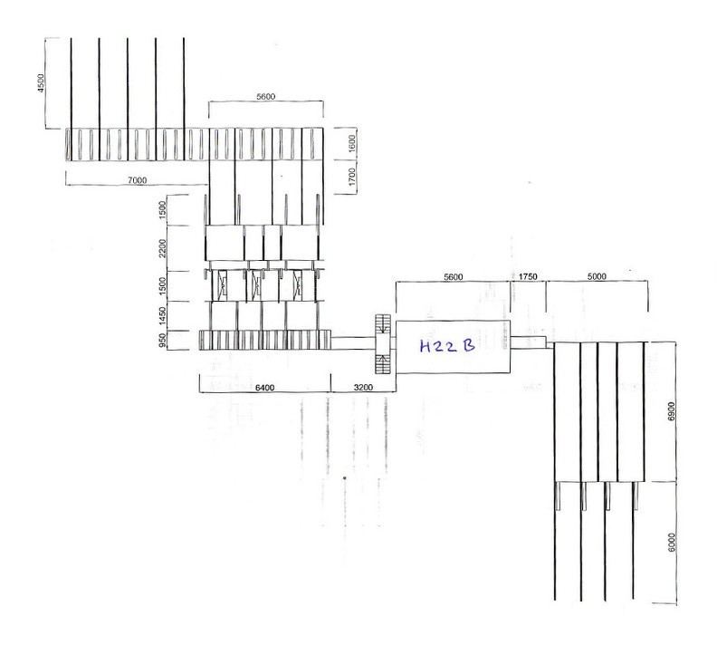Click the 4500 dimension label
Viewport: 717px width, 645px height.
[41, 83]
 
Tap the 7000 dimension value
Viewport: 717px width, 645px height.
[138, 180]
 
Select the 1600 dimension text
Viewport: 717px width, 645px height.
[351, 144]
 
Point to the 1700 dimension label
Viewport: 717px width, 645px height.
[351, 177]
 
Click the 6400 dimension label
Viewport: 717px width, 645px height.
[264, 388]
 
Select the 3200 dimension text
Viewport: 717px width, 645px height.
[364, 388]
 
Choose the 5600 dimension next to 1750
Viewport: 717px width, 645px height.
[454, 277]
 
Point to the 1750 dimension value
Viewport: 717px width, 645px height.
[528, 277]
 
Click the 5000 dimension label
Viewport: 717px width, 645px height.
[597, 276]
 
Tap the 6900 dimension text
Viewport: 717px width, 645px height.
[671, 411]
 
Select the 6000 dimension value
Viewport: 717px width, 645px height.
[671, 542]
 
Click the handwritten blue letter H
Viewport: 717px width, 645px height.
[425, 347]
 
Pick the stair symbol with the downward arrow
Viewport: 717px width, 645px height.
[382, 325]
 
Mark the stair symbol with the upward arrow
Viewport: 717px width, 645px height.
[382, 362]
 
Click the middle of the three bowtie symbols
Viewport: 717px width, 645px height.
[256, 285]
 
